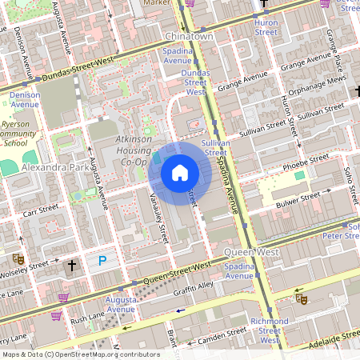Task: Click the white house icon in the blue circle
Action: tap(180, 172)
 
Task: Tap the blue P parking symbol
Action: tap(102, 261)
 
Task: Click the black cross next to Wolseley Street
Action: tap(72, 264)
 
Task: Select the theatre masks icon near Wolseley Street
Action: tap(16, 258)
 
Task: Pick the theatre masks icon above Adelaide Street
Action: tap(302, 298)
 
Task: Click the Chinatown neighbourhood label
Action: tap(189, 37)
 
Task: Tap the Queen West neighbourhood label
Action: tap(256, 251)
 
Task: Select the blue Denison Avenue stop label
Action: tap(25, 99)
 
